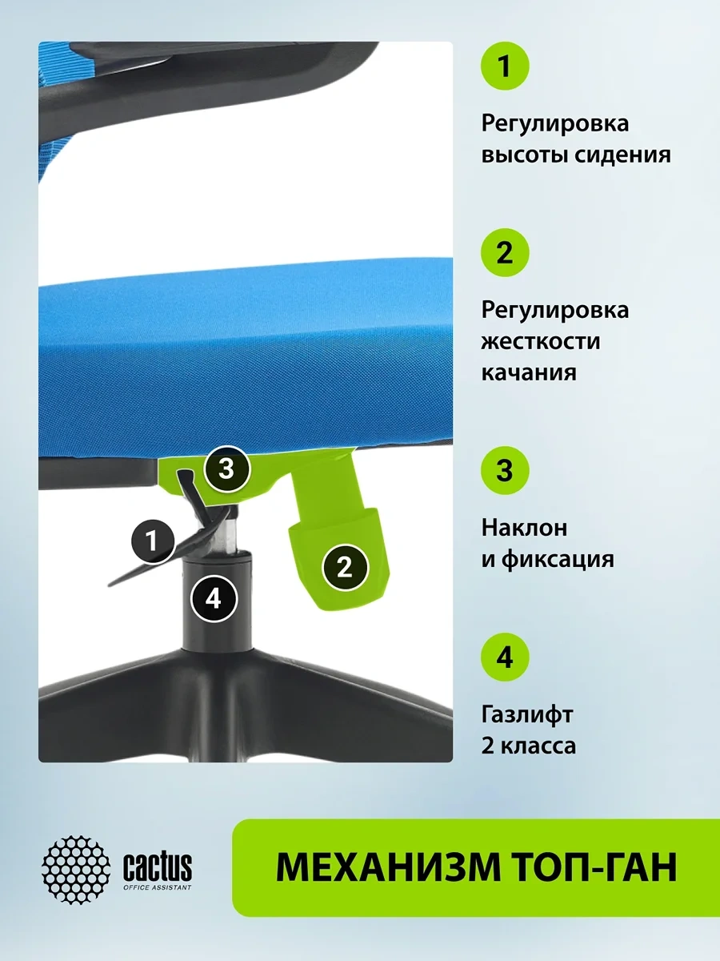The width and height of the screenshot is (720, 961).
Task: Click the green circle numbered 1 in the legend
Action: point(505,66)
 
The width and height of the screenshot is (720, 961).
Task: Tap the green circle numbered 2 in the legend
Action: point(505,252)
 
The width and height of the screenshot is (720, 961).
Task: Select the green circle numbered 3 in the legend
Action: point(505,471)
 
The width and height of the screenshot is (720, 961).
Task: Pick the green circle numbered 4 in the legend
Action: point(505,657)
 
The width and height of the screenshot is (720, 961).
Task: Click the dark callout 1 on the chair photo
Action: point(153,541)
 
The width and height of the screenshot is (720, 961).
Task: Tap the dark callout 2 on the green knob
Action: point(345,568)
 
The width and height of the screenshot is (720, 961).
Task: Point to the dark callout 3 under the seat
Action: point(227,469)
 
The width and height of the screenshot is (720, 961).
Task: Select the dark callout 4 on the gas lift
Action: point(214,598)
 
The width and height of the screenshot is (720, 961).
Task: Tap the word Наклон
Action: point(524,528)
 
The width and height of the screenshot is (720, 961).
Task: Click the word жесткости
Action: point(541,341)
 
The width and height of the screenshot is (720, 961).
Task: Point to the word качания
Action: point(529,372)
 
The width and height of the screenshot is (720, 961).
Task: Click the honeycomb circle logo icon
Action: point(76,869)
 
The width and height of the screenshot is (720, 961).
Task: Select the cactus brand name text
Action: point(158,866)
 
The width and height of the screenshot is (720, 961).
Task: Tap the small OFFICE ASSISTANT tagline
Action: point(158,887)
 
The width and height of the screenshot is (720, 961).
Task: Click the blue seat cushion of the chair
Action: point(246,358)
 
